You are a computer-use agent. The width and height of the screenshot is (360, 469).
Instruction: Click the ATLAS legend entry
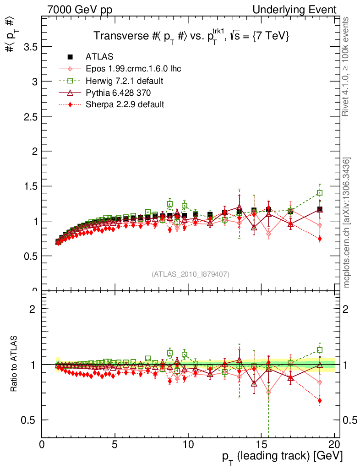[99, 57]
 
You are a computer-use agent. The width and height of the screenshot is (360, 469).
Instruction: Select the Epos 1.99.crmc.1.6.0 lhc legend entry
[133, 69]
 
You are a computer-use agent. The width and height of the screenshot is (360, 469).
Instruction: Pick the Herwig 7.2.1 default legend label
[125, 81]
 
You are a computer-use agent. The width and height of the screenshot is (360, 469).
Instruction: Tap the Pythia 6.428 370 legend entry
[118, 93]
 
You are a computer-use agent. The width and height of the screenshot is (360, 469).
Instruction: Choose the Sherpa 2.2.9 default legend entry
[125, 104]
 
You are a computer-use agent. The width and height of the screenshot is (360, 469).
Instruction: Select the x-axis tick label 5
[115, 444]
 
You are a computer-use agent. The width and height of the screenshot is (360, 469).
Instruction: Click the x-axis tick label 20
[334, 444]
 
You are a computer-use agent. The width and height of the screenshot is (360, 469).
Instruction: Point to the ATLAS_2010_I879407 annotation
[190, 274]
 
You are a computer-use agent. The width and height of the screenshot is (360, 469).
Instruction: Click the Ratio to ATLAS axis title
[14, 364]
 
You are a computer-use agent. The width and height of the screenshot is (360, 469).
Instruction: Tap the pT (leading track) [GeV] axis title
[279, 456]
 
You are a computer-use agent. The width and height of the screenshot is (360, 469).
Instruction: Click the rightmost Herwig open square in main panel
[320, 193]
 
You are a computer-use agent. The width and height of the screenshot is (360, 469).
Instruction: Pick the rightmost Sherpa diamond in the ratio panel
[320, 401]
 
